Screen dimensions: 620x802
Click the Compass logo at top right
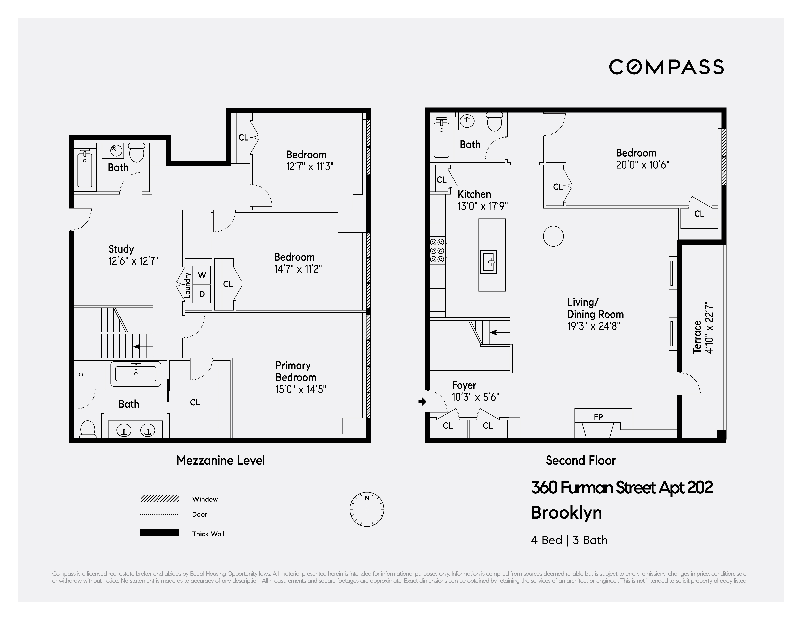(666, 67)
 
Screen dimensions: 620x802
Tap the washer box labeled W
(202, 275)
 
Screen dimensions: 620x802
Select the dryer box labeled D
(202, 294)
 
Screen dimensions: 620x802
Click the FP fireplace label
(598, 417)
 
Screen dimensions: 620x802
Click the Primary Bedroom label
(296, 371)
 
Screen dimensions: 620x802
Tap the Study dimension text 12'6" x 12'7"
(133, 261)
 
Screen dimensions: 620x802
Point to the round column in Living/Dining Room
(553, 236)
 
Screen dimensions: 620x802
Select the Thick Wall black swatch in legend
(159, 533)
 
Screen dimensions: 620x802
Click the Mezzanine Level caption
(220, 460)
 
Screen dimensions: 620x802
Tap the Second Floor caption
(581, 460)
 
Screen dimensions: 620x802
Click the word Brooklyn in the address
(566, 513)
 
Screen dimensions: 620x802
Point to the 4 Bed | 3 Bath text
(569, 540)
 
